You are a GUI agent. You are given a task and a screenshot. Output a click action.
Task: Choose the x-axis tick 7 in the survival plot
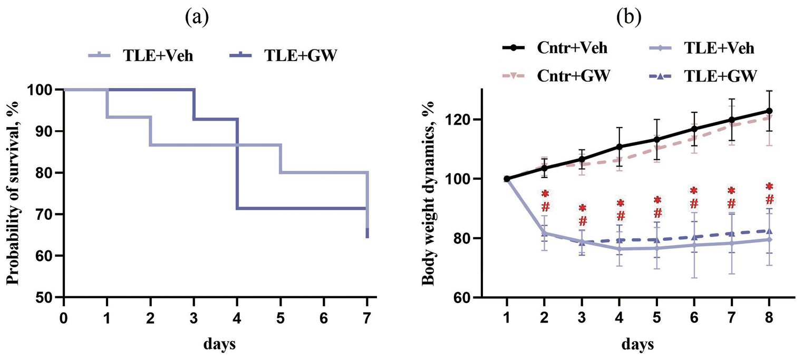click(367, 318)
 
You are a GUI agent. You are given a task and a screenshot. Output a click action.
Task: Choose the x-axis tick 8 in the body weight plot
click(769, 318)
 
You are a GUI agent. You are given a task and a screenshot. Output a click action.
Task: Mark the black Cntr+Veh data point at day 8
click(769, 111)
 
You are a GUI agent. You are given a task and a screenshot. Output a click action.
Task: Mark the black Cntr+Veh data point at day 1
click(507, 179)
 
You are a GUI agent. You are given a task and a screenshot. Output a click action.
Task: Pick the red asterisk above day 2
click(545, 193)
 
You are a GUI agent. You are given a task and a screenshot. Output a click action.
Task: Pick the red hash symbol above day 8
click(769, 200)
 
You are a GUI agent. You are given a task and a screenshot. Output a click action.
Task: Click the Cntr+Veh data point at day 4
click(620, 147)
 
